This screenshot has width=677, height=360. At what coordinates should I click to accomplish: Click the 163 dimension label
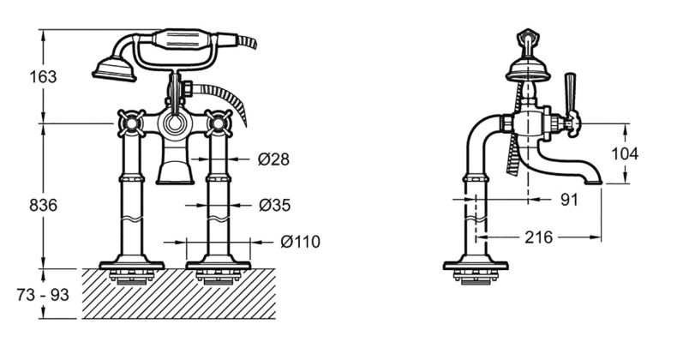tap(43, 77)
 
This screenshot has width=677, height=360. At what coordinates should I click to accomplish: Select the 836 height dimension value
tap(43, 205)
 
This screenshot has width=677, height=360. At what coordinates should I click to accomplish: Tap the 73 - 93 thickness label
tap(43, 295)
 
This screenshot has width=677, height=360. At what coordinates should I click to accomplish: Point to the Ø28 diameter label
tap(273, 159)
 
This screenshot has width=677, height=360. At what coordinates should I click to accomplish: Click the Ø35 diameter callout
tap(274, 205)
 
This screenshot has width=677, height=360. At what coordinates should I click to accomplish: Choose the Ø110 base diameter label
tap(300, 242)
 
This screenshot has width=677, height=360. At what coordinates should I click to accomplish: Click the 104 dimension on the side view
tap(625, 153)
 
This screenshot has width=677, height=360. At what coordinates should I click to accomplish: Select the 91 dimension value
tap(569, 199)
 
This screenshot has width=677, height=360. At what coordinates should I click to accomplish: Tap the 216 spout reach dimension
tap(538, 237)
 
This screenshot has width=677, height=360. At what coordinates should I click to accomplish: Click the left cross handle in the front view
tap(130, 123)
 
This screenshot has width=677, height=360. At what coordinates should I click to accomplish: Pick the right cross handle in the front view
tap(219, 123)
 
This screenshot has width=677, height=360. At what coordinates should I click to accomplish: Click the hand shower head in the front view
tap(115, 69)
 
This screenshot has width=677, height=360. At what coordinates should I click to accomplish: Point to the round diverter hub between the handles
tap(175, 124)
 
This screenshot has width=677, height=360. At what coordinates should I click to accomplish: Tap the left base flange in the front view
tap(132, 264)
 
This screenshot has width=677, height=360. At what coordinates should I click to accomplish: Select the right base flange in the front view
tap(219, 264)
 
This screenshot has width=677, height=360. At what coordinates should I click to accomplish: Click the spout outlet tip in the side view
tap(594, 183)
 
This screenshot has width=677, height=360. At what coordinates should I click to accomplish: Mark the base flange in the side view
tap(476, 264)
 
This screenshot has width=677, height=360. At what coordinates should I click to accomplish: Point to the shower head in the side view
tap(524, 70)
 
